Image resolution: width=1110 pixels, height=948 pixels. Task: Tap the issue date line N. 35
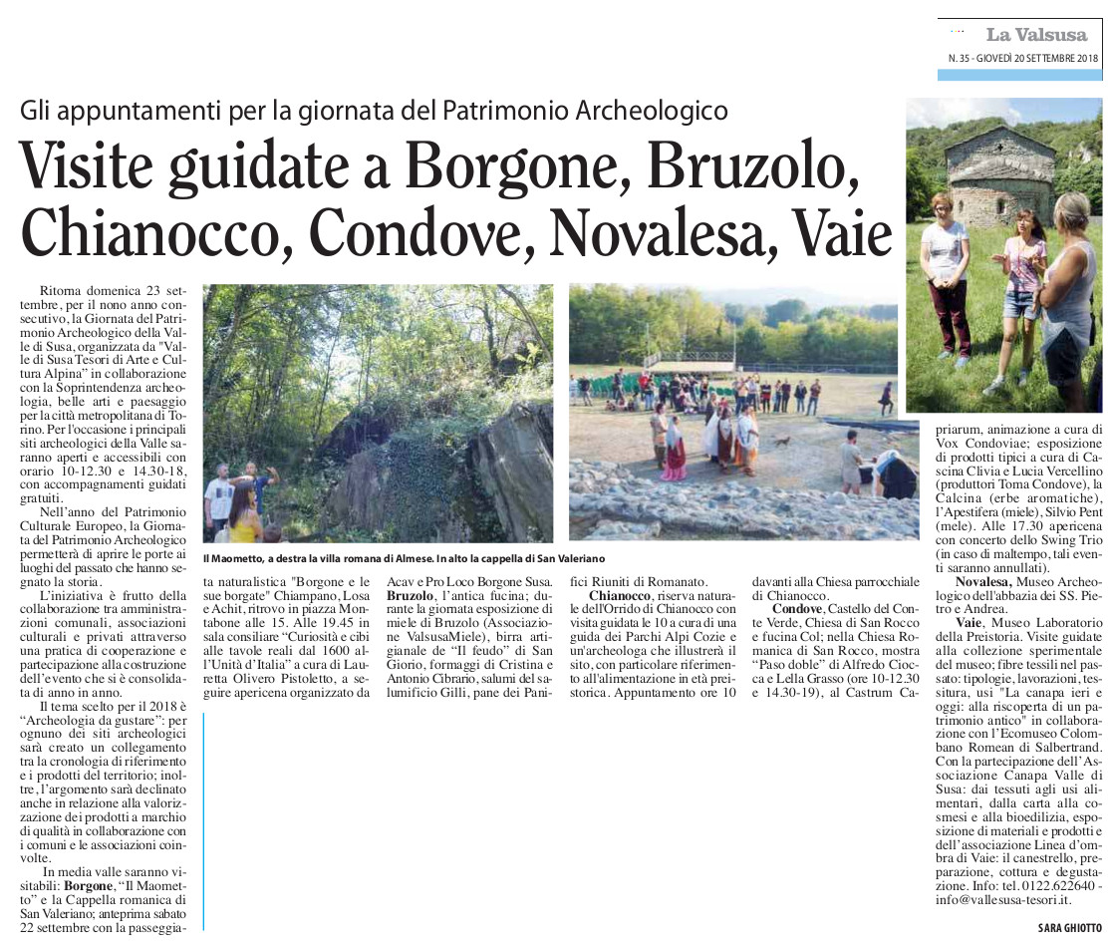(x=1023, y=59)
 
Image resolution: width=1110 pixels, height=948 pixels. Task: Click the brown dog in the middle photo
(x=782, y=441)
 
